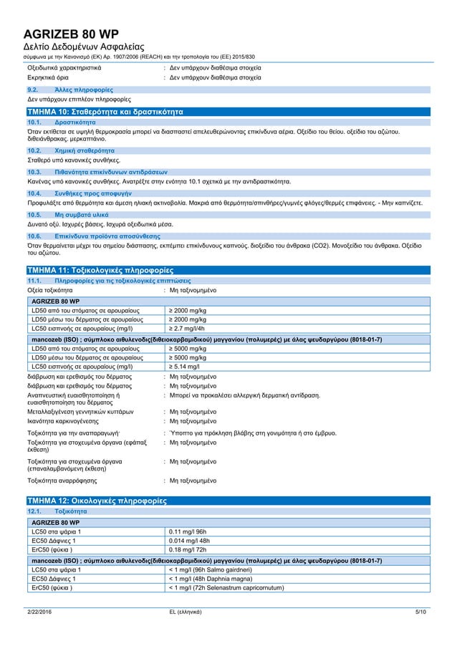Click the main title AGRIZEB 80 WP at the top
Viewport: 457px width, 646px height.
[x=72, y=34]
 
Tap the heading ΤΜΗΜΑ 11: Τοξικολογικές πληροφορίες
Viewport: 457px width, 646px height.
[x=99, y=271]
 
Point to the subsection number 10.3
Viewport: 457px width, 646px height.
[x=33, y=173]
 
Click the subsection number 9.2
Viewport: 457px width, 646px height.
[x=32, y=90]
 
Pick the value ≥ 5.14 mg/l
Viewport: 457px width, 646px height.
[x=184, y=366]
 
